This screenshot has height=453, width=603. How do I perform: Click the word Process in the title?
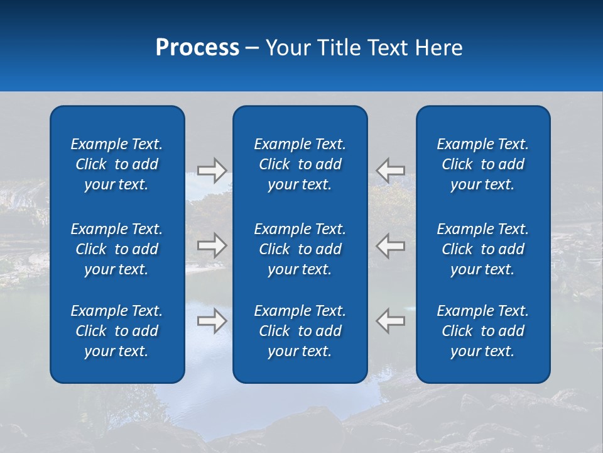click(197, 48)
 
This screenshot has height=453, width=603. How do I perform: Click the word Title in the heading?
click(337, 48)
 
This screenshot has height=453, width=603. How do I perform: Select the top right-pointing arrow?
click(212, 170)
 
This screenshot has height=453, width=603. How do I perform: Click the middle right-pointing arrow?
click(212, 245)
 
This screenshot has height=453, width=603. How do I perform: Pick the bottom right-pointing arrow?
click(212, 320)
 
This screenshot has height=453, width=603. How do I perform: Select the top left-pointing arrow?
click(390, 170)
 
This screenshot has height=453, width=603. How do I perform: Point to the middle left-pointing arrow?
click(390, 245)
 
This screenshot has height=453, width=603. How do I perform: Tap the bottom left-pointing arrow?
click(390, 320)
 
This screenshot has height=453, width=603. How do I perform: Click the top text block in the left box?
click(117, 164)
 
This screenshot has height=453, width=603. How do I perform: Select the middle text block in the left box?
click(117, 249)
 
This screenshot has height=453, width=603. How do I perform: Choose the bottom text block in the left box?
click(117, 331)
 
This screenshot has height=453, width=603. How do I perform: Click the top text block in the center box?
click(300, 164)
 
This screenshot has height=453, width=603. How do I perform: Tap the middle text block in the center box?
click(300, 249)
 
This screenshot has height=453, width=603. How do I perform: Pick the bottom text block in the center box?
click(300, 331)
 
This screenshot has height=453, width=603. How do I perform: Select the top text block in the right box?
click(482, 164)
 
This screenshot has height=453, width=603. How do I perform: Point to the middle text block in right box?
click(482, 249)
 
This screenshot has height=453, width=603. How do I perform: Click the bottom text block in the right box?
click(482, 331)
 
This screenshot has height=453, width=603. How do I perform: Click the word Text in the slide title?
click(386, 48)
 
